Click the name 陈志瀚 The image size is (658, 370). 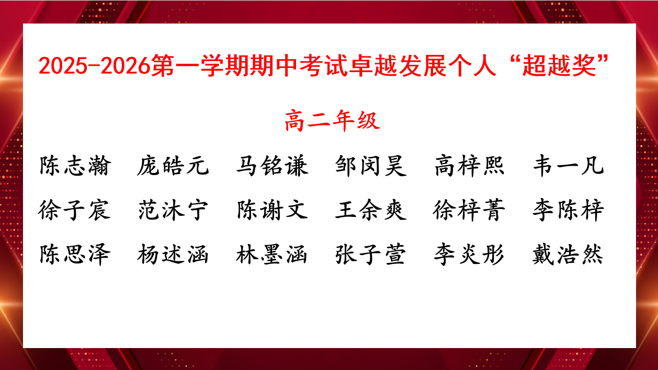75,166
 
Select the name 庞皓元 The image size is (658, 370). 173,166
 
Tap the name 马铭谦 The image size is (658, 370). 273,166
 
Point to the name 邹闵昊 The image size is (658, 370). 371,166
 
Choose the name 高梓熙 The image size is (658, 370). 469,166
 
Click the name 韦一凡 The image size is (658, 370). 569,166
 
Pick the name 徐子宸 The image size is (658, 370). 74,210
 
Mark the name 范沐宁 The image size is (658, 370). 173,210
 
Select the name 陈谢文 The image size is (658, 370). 273,210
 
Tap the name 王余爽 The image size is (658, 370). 371,210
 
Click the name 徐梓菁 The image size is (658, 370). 469,210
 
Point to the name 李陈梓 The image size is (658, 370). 569,210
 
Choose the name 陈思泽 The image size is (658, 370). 75,255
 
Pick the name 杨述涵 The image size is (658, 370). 173,255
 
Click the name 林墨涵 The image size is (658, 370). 271,255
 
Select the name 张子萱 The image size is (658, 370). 371,255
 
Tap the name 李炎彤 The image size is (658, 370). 469,255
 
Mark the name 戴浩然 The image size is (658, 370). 568,255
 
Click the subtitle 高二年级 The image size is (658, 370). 333,121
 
